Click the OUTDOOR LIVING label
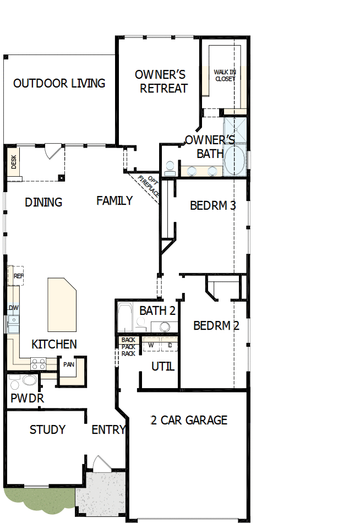[59, 84]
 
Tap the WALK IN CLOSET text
[224, 75]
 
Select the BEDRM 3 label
[212, 206]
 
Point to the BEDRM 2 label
[216, 326]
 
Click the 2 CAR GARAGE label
[189, 421]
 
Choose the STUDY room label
[47, 429]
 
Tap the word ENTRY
[108, 430]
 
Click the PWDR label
[26, 398]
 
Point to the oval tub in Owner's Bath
[236, 160]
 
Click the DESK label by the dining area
[14, 161]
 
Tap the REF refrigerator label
[18, 276]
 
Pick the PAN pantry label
[69, 364]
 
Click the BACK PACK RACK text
[128, 347]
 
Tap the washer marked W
[150, 345]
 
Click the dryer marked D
[170, 345]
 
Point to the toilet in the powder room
[28, 380]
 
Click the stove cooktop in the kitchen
[38, 363]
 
